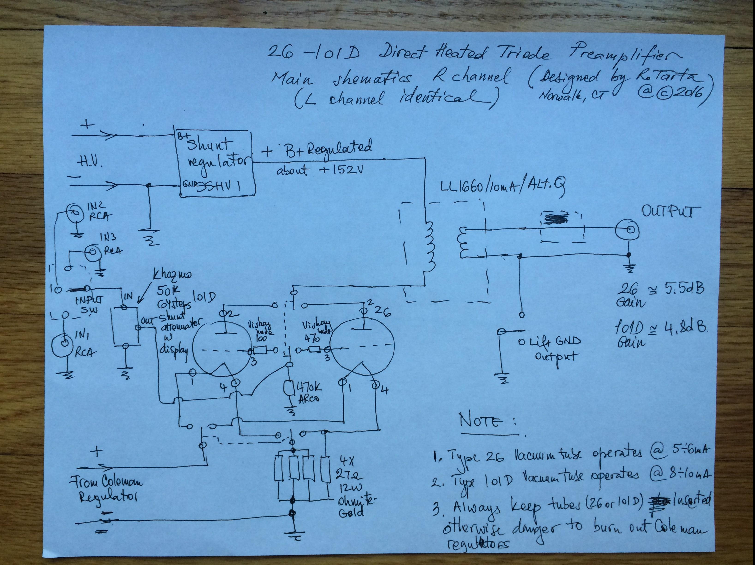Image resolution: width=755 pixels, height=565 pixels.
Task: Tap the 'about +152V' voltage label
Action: [x=319, y=169]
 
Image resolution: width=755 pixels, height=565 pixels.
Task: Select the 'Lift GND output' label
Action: [x=550, y=348]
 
